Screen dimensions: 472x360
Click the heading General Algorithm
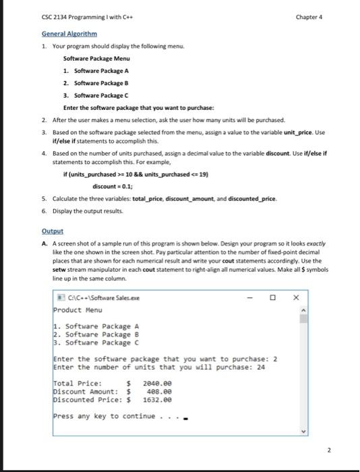69,33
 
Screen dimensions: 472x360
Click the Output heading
51,229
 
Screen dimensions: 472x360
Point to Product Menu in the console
78,310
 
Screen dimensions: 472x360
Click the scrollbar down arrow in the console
303,432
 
